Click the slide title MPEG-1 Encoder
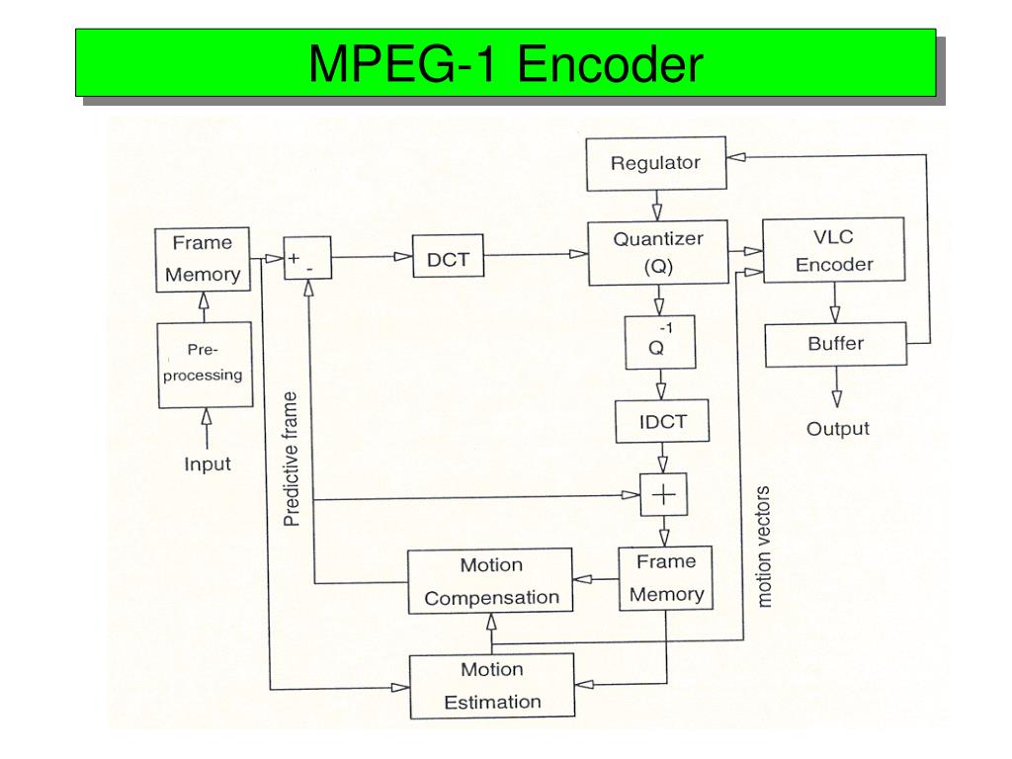coord(505,64)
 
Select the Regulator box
coord(655,163)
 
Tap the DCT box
coord(448,260)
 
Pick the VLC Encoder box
coord(834,251)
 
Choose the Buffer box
coord(835,345)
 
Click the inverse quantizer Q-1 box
coord(661,342)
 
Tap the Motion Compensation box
coord(491,582)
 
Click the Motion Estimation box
coord(491,686)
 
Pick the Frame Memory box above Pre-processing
coord(203,259)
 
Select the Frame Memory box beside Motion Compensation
coord(665,578)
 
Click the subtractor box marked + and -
coord(306,261)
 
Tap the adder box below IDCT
coord(662,495)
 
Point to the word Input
coord(208,464)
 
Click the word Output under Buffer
coord(838,429)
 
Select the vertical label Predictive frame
coord(292,460)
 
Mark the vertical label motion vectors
coord(763,546)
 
